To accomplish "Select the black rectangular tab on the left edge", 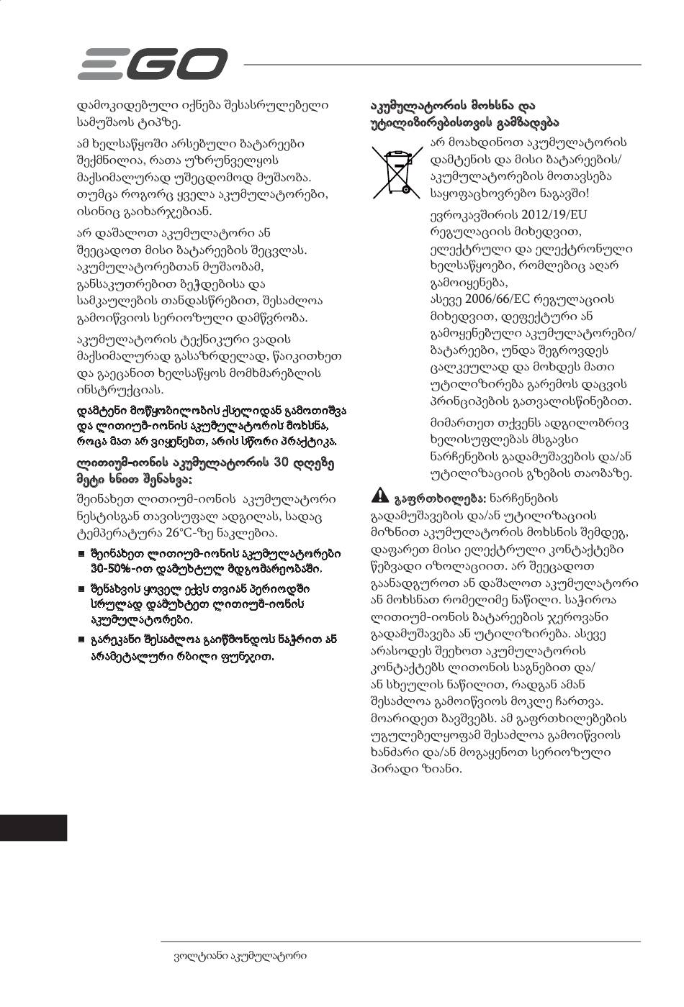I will (x=33, y=827).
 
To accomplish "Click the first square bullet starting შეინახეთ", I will (x=81, y=555).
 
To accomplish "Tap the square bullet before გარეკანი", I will (x=81, y=639).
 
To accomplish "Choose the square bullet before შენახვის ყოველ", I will (x=81, y=588).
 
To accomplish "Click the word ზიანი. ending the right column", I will (x=438, y=768).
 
